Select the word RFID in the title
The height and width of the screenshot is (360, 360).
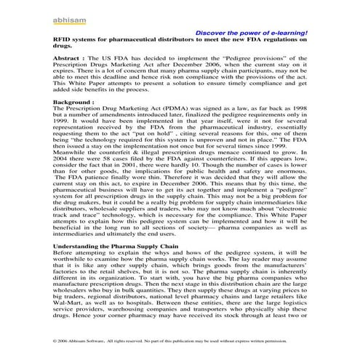[63, 40]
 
